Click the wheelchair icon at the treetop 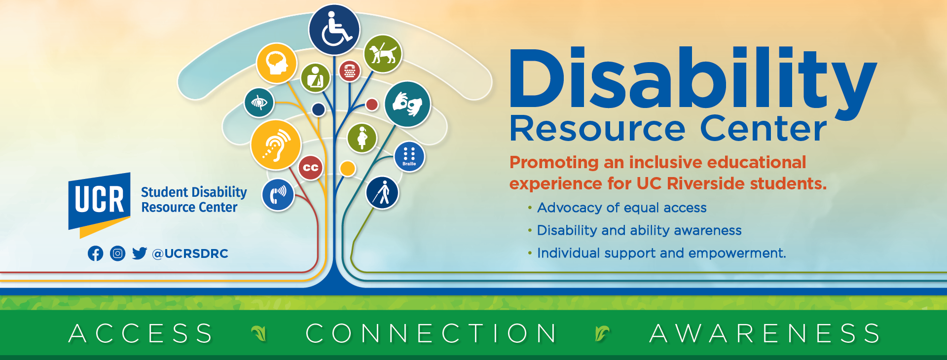[x=334, y=30]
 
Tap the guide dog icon [x=383, y=54]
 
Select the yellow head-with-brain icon [x=277, y=63]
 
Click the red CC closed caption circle [x=310, y=168]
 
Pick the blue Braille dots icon [x=409, y=157]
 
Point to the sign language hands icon [x=407, y=105]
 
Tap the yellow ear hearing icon [x=276, y=145]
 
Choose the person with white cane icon [x=382, y=193]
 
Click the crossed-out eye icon [x=259, y=103]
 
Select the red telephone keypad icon [x=350, y=72]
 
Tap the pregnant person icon [x=362, y=138]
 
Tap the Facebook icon [x=95, y=253]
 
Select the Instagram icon [x=117, y=253]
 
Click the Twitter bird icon [x=140, y=253]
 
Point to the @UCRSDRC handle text [x=190, y=253]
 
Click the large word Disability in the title [x=692, y=79]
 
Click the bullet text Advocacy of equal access [x=621, y=208]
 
